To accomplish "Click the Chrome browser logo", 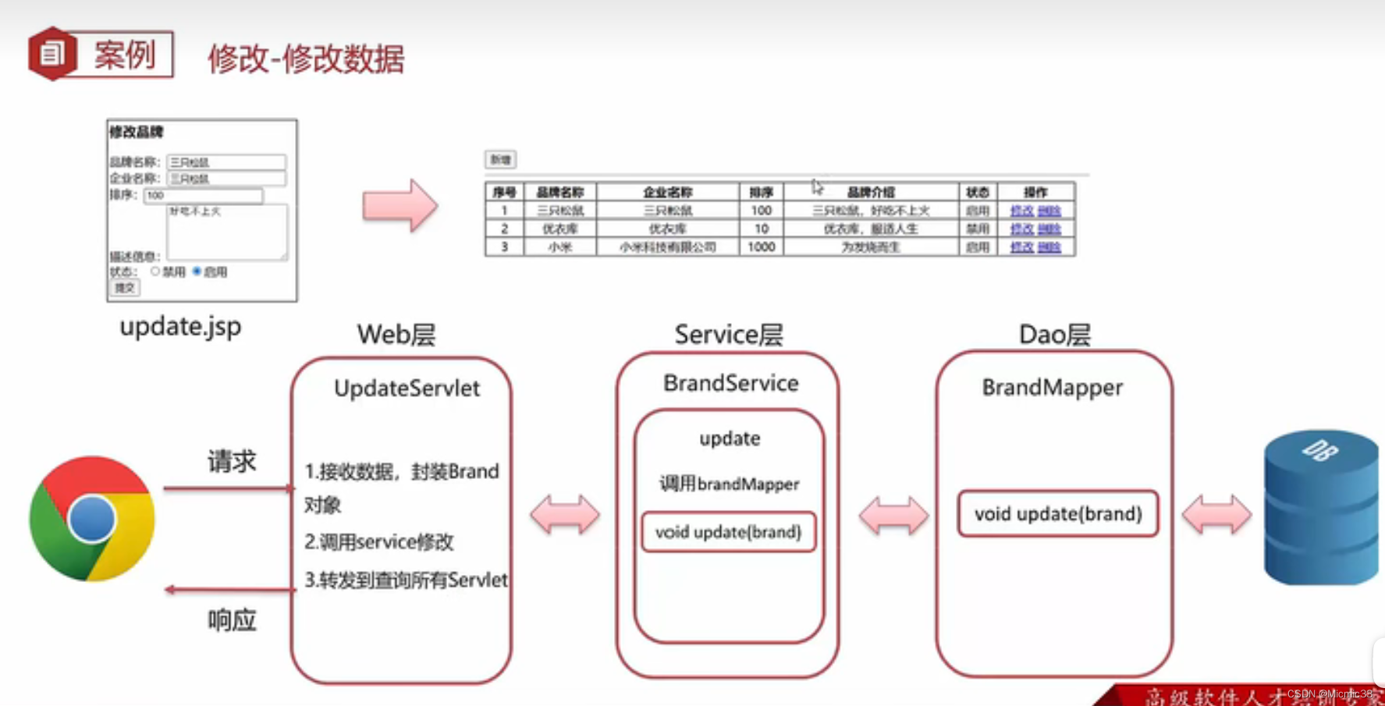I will pyautogui.click(x=92, y=519).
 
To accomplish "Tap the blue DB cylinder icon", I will pyautogui.click(x=1320, y=507).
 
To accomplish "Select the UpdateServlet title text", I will pyautogui.click(x=407, y=388).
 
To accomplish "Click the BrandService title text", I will pyautogui.click(x=730, y=383).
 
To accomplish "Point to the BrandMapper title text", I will pyautogui.click(x=1052, y=387).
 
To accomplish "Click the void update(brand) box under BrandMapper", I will pyautogui.click(x=1057, y=513).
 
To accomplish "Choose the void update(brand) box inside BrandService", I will pyautogui.click(x=728, y=532).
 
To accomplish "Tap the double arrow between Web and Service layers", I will pyautogui.click(x=565, y=515).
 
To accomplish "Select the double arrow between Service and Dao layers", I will pyautogui.click(x=893, y=515).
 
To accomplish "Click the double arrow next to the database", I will pyautogui.click(x=1216, y=515).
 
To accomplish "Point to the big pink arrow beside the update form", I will pyautogui.click(x=400, y=206).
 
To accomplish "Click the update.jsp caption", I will pyautogui.click(x=180, y=326).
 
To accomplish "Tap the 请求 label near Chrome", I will pyautogui.click(x=232, y=461).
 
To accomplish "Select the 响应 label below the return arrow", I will pyautogui.click(x=232, y=620).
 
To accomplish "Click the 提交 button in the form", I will pyautogui.click(x=124, y=288).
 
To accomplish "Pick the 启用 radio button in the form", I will pyautogui.click(x=197, y=271).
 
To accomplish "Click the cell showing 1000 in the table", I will pyautogui.click(x=761, y=247).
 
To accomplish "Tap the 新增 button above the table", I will pyautogui.click(x=500, y=160).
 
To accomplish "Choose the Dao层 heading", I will pyautogui.click(x=1054, y=335).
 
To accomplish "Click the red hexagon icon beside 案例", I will pyautogui.click(x=52, y=54).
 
